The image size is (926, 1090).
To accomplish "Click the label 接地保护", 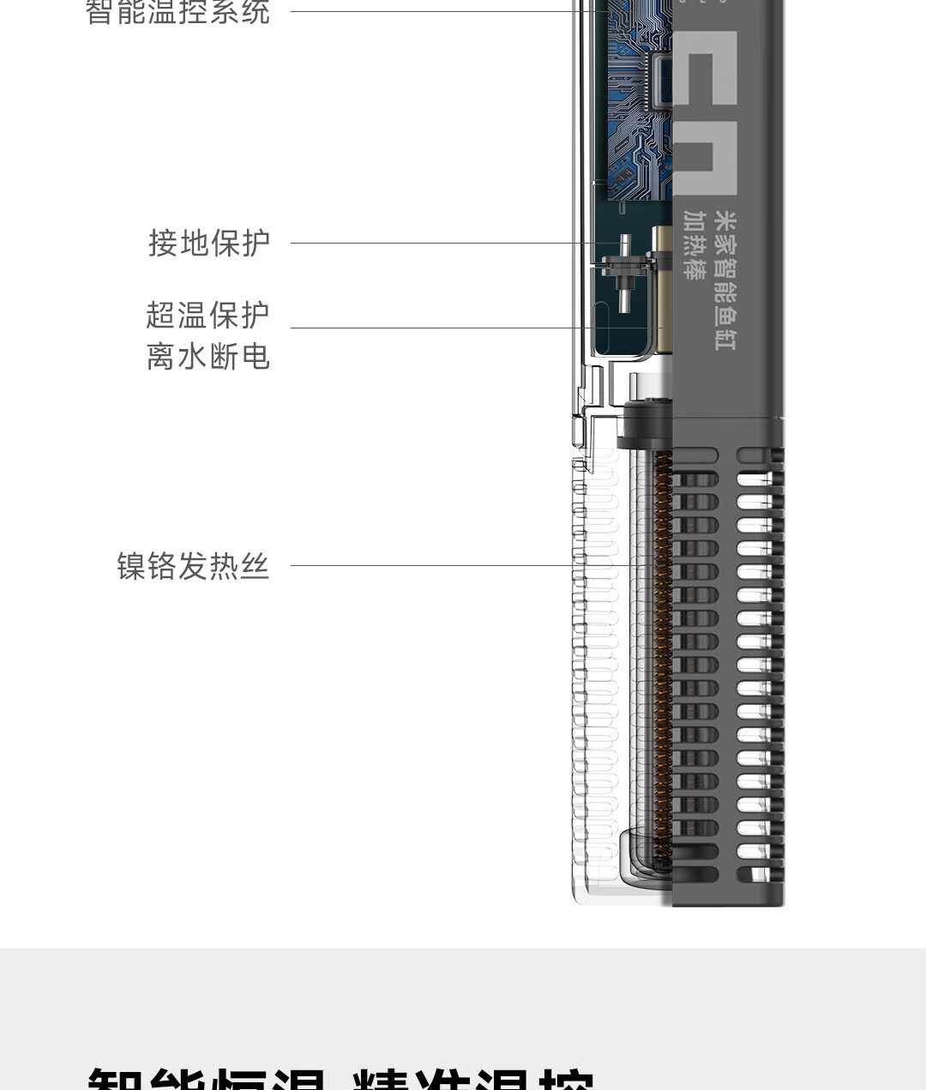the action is pyautogui.click(x=209, y=243).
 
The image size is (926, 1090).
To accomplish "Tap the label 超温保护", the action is pyautogui.click(x=207, y=315).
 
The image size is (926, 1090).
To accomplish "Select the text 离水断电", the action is pyautogui.click(x=207, y=356).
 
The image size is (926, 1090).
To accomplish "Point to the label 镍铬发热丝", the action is pyautogui.click(x=193, y=566).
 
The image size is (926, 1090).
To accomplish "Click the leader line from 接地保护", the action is pyautogui.click(x=446, y=243).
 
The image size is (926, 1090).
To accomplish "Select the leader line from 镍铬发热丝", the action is pyautogui.click(x=429, y=565).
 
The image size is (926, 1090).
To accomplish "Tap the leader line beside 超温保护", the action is pyautogui.click(x=463, y=328).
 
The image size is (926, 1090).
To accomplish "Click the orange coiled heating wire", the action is pyautogui.click(x=663, y=652).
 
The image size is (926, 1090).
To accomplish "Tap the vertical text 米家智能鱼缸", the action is pyautogui.click(x=725, y=280).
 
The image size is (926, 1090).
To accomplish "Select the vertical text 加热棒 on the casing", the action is pyautogui.click(x=694, y=245).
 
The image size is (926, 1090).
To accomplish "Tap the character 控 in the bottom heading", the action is pyautogui.click(x=562, y=1080).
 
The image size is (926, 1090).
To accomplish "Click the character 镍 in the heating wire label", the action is pyautogui.click(x=131, y=566).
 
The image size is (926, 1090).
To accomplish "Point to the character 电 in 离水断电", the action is pyautogui.click(x=255, y=356).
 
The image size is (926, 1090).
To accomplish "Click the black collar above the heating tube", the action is pyautogui.click(x=645, y=425).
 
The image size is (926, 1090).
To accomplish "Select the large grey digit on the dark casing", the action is pyautogui.click(x=705, y=111).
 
